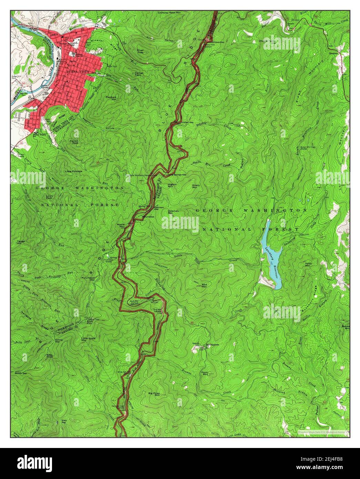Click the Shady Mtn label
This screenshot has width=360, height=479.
click(x=196, y=186)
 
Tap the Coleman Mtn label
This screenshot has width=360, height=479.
click(x=173, y=212)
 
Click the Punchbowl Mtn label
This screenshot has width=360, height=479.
click(x=88, y=278)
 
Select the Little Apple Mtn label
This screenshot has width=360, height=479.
click(x=88, y=339)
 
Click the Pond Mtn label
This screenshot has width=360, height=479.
click(x=205, y=373)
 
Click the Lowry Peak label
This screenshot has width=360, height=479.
click(x=49, y=197)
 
